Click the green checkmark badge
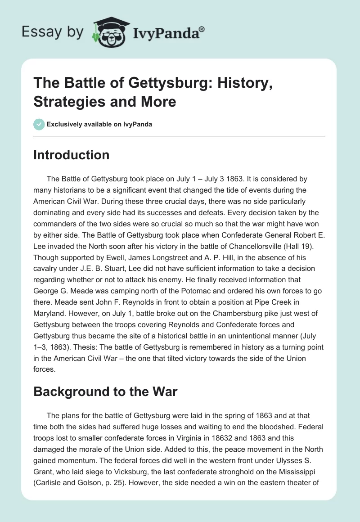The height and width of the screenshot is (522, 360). (x=39, y=124)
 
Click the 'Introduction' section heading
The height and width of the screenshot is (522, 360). (x=72, y=155)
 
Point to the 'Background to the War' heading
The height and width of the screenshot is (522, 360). (x=105, y=391)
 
